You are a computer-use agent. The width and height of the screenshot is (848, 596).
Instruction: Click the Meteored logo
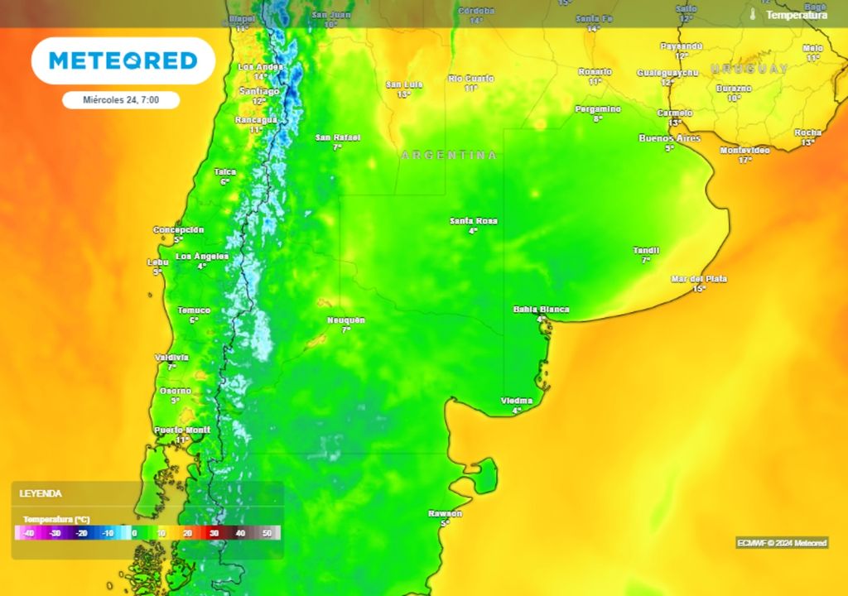click(x=123, y=60)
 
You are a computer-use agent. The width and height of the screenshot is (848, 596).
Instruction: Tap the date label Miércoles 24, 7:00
click(x=121, y=99)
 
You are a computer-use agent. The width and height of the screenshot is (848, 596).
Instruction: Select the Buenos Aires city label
click(x=669, y=138)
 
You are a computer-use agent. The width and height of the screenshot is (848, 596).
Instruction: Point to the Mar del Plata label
click(x=698, y=279)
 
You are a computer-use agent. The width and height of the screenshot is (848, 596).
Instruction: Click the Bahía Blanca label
click(x=541, y=310)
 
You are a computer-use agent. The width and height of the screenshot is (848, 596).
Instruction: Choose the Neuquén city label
click(x=346, y=320)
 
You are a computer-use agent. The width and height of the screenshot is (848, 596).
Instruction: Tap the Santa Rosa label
click(x=474, y=221)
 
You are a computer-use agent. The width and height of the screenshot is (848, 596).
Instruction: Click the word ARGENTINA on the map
click(x=449, y=156)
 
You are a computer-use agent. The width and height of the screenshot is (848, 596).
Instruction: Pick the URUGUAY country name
click(x=749, y=69)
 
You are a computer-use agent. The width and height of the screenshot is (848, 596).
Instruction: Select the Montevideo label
click(x=744, y=150)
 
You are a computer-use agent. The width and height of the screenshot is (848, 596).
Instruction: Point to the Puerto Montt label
click(x=182, y=430)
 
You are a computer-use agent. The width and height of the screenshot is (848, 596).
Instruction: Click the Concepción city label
click(x=178, y=230)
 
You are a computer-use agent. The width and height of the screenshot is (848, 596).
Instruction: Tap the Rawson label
click(x=445, y=514)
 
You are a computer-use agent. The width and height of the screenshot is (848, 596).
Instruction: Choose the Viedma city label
click(x=517, y=401)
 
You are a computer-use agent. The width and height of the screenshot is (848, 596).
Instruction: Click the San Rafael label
click(x=337, y=137)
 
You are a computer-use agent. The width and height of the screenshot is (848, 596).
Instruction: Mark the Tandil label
click(x=646, y=250)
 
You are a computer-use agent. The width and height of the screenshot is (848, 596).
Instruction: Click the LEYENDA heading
click(x=41, y=493)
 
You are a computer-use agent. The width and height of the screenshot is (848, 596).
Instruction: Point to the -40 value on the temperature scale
click(x=29, y=534)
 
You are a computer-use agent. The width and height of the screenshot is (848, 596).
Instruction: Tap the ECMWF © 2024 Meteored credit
click(x=782, y=543)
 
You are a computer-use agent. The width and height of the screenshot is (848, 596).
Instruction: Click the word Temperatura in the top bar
click(x=796, y=15)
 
